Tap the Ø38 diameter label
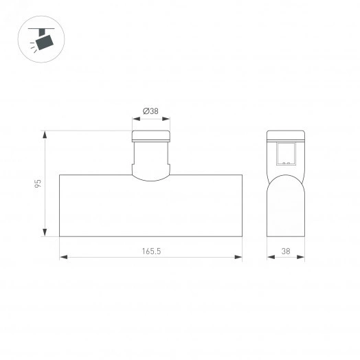point(152,111)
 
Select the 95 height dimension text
point(39,183)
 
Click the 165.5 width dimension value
point(151,251)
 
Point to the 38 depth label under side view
point(285,251)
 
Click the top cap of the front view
point(151,136)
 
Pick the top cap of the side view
point(285,135)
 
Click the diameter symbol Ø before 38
point(146,111)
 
